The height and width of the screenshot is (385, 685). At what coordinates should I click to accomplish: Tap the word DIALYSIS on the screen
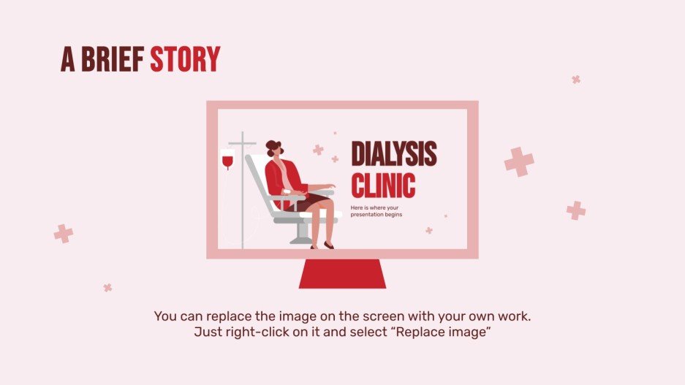[393, 153]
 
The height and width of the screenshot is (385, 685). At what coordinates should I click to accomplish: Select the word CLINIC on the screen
[383, 184]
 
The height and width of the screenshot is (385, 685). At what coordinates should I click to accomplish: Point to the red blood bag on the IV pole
[227, 158]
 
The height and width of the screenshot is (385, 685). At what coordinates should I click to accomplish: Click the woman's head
[275, 150]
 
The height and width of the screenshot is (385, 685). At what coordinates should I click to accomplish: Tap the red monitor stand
[342, 273]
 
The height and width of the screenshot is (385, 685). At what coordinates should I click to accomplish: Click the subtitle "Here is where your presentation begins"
[376, 211]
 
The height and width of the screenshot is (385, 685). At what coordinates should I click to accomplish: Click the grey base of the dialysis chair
[301, 239]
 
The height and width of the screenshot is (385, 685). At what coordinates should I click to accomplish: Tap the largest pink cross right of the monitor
[519, 161]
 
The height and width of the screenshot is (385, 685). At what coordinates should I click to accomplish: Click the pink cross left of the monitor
[64, 234]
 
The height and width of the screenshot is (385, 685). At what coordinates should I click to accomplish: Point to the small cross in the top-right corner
[576, 79]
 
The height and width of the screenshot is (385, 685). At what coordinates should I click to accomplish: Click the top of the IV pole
[242, 136]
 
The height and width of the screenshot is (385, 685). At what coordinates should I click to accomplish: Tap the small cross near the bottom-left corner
[107, 288]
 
